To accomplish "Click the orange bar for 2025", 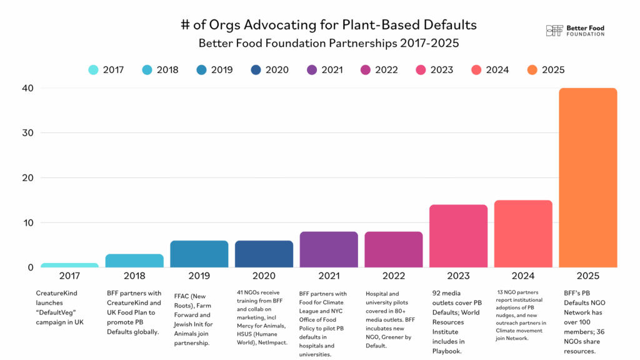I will pos(587,177).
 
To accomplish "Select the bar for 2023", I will pos(458,236).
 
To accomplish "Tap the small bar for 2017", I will pos(69,265).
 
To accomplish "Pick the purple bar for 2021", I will pos(329,249).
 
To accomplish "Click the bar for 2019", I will pos(199,254).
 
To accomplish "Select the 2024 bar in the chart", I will pos(523,234).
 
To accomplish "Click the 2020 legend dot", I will pos(256,70).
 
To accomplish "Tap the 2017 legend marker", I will pos(93,70).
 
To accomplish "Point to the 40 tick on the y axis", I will pos(25,88).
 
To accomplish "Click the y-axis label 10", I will pos(25,222).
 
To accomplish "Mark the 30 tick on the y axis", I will pos(25,133).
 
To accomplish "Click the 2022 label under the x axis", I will pos(393,276).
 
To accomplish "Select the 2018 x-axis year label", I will pos(134,276).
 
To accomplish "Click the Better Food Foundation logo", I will pos(575,31).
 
